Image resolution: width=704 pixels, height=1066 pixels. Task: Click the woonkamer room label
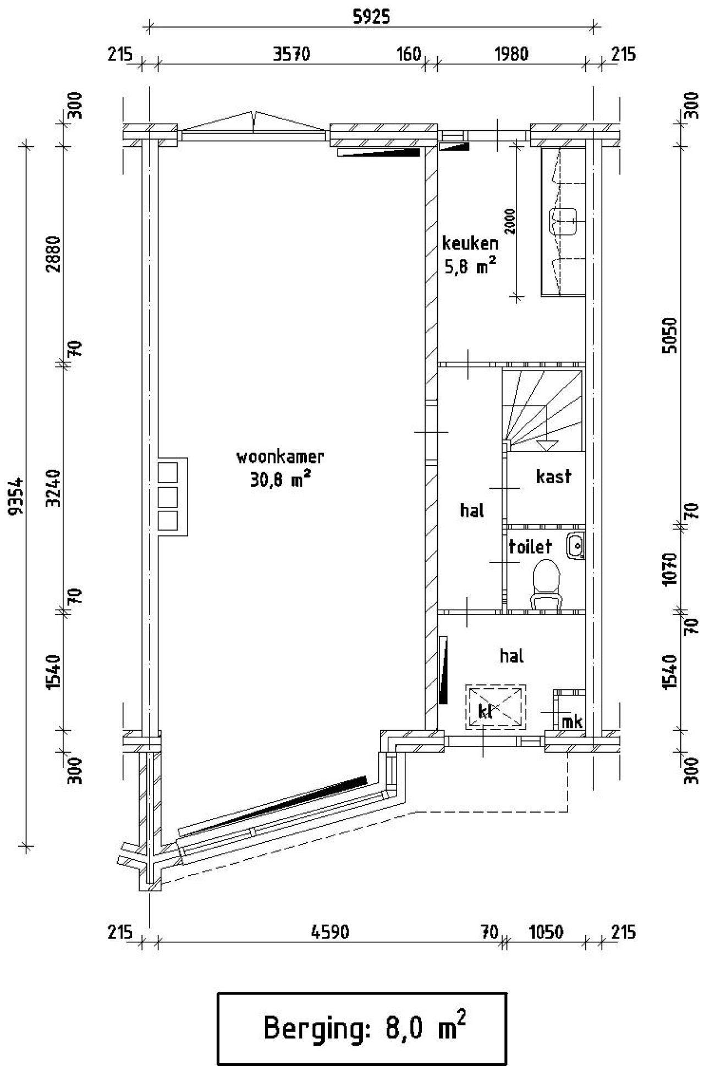(280, 457)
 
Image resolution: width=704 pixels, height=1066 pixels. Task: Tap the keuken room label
(470, 243)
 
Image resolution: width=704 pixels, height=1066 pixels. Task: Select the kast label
(553, 476)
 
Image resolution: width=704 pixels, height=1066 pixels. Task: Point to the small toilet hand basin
(576, 545)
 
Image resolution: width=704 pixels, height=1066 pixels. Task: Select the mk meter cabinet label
(572, 721)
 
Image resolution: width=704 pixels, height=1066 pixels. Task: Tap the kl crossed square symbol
(496, 707)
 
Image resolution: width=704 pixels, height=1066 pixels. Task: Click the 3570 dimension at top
(291, 54)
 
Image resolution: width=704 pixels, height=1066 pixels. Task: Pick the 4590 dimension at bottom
(330, 932)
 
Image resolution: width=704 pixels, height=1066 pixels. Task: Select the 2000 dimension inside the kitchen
(510, 222)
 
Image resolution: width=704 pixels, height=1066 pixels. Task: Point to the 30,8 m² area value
(280, 480)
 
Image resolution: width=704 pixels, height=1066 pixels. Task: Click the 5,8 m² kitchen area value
(470, 266)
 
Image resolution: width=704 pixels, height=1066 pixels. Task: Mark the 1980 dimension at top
(512, 54)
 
